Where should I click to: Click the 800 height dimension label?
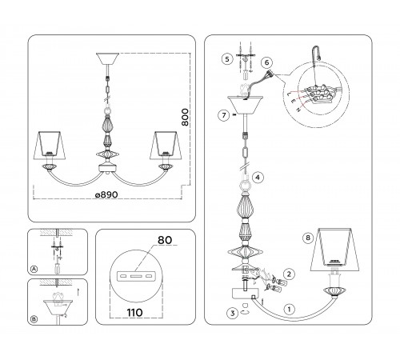(x=185, y=117)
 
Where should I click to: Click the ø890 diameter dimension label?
(x=106, y=194)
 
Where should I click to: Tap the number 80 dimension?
(x=165, y=240)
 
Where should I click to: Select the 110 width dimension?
(x=134, y=312)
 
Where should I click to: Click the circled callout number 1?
(x=289, y=310)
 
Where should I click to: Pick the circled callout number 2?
(x=289, y=274)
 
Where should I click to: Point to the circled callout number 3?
(x=232, y=313)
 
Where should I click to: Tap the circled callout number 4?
(x=258, y=178)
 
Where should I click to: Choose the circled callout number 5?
(x=227, y=58)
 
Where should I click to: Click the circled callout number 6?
(x=266, y=62)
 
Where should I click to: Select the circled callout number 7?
(x=223, y=115)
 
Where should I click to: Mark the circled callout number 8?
(x=308, y=238)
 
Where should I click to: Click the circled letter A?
(x=34, y=269)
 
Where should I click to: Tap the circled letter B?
(x=34, y=319)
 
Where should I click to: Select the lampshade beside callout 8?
(x=334, y=250)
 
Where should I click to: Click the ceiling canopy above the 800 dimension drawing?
(x=107, y=58)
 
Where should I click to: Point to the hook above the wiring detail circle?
(x=316, y=54)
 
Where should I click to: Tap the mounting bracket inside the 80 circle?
(x=136, y=275)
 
